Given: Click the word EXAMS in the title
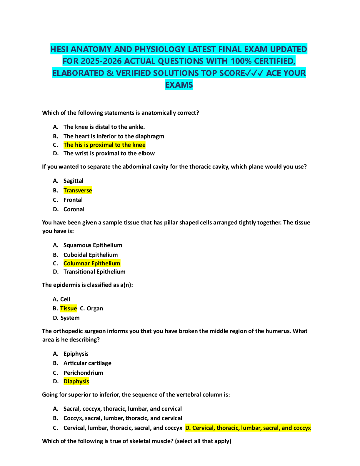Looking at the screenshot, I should click(x=179, y=85).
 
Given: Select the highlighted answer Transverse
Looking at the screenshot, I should click(x=78, y=191).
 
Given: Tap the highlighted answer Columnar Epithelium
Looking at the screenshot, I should click(x=92, y=263).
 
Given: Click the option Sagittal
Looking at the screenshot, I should click(x=73, y=181).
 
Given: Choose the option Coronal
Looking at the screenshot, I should click(x=74, y=209).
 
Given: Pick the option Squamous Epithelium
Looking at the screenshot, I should click(x=93, y=245).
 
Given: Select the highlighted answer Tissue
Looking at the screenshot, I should click(x=69, y=308).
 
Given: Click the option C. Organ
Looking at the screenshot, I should click(x=91, y=308).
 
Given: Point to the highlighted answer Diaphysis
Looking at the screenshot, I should click(x=76, y=382).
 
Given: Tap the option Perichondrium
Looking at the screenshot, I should click(x=83, y=373).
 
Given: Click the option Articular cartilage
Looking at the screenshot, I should click(x=87, y=363).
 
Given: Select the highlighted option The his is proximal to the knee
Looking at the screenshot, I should click(x=104, y=145).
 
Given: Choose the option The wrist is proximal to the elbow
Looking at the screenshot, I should click(x=109, y=154).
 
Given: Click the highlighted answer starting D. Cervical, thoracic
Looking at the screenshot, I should click(x=248, y=428).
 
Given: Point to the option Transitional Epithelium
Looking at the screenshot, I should click(x=94, y=272).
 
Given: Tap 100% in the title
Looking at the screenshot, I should click(x=241, y=61).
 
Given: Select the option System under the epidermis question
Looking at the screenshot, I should click(x=70, y=318).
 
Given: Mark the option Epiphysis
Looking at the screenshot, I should click(x=76, y=354).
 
